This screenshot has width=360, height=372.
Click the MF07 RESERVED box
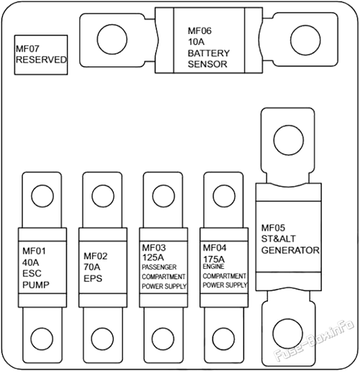coord(41,55)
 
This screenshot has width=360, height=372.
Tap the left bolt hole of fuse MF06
coord(112,39)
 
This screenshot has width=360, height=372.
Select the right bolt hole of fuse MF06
coord(305,40)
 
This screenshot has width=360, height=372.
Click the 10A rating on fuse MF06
coord(196,42)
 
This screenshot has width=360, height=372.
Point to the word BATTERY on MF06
coord(209,53)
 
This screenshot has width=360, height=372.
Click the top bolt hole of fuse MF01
coord(42,196)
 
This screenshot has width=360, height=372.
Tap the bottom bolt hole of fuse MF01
coord(42,338)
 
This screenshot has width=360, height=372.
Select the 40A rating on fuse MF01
coord(30,262)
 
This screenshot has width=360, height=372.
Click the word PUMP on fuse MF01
coord(36,285)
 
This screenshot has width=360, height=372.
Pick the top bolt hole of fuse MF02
coord(103,196)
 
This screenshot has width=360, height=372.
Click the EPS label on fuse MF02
coord(93,278)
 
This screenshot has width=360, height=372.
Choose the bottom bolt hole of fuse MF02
coord(102,338)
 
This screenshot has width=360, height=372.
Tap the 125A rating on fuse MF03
coord(153,257)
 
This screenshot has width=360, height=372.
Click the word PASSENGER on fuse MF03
coord(159,267)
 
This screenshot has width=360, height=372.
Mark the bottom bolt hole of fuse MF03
coord(163,338)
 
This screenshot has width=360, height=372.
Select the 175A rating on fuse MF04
coord(214,260)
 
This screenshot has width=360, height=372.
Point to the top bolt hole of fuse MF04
coord(224,196)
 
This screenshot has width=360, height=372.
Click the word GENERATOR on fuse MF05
coord(290,250)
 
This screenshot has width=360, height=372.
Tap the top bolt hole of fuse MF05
coord(289,140)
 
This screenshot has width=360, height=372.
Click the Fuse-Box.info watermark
coord(314,340)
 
